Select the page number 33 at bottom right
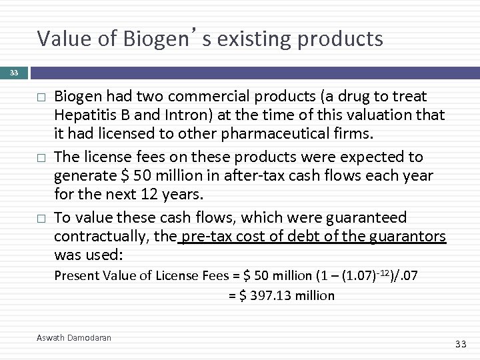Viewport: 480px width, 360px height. click(x=460, y=343)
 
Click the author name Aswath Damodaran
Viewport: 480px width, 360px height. click(x=73, y=338)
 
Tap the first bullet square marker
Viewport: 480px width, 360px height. click(x=41, y=97)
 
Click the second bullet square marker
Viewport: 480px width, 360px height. click(x=41, y=158)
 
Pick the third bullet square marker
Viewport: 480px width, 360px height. click(x=41, y=219)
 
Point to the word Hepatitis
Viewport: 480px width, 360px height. click(x=85, y=115)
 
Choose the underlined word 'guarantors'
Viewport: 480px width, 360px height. click(x=405, y=237)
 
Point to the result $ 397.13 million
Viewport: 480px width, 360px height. click(x=281, y=296)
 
